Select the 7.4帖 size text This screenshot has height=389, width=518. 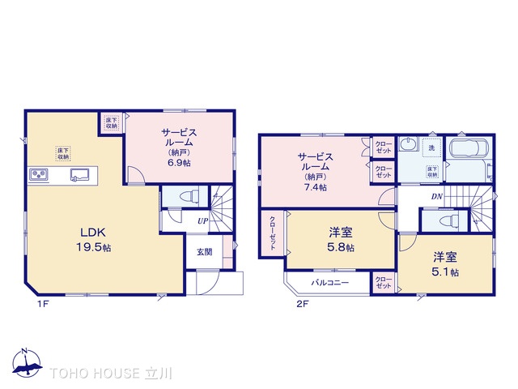point(316,188)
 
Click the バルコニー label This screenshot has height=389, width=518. point(330,284)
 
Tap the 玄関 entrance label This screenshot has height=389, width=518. point(204,251)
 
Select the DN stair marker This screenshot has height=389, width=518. point(436,197)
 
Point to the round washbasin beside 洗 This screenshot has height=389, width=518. point(409,147)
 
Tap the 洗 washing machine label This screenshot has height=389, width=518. point(431,148)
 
